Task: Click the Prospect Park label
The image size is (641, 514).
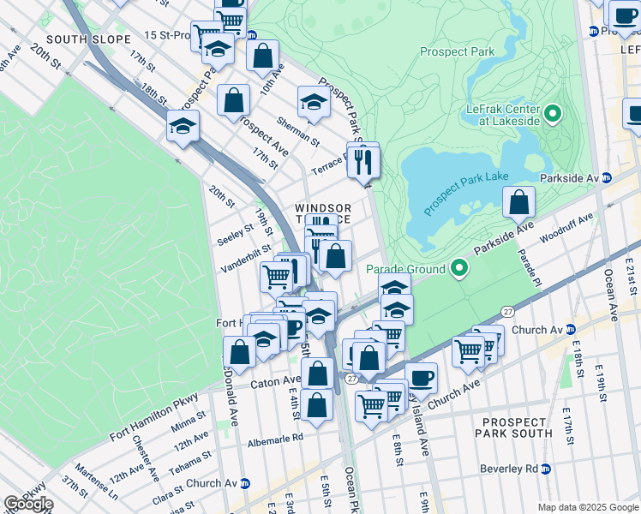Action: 458,52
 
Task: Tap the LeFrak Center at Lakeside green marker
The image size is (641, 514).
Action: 554,113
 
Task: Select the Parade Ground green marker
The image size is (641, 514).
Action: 459,269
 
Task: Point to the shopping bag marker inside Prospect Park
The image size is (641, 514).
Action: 519,204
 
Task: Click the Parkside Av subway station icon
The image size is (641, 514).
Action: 606,178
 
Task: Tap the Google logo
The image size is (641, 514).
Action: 28,504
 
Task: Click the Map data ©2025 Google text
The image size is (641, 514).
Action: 587,507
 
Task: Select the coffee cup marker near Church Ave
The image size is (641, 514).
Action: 420,377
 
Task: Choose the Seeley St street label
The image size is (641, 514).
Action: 236,232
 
